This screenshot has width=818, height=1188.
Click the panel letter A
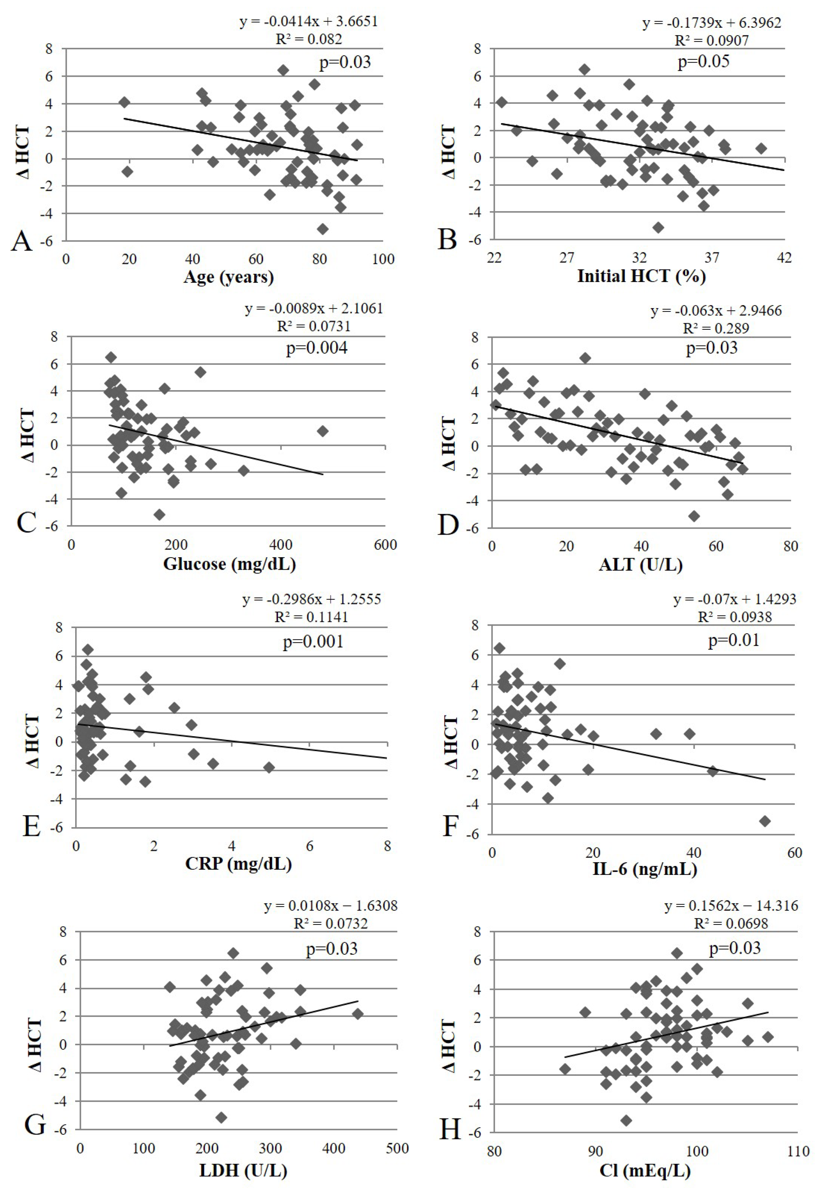click(22, 240)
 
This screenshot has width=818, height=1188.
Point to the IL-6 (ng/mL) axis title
click(645, 869)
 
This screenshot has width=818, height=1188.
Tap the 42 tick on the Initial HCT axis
click(784, 258)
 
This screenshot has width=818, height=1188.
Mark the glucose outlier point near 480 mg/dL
click(322, 431)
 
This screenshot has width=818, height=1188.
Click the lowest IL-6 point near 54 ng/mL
click(765, 821)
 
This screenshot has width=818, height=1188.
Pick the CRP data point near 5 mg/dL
click(269, 767)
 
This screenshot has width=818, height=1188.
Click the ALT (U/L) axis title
click(641, 565)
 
